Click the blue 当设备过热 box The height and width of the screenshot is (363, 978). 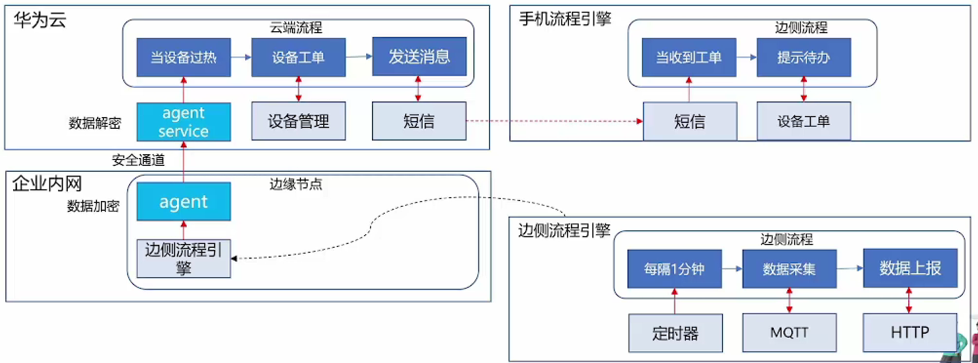point(183,58)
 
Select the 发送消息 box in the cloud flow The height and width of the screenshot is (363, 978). point(419,57)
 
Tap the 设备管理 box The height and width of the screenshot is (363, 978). point(298,121)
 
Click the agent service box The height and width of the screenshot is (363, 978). point(183,122)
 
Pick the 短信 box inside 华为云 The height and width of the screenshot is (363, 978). point(419,121)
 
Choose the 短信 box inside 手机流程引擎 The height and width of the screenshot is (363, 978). point(690,121)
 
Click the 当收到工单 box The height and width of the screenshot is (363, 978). point(689,58)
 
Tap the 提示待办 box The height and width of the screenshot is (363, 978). point(804,58)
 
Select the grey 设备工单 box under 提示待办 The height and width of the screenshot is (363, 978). point(804,121)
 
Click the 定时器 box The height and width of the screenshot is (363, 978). point(676,333)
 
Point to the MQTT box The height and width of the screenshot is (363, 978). point(790,333)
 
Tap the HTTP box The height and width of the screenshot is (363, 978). point(910,333)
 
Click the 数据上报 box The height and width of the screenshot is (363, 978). point(910,268)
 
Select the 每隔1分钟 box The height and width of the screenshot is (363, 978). point(675,269)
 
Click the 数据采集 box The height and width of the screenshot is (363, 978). point(790,269)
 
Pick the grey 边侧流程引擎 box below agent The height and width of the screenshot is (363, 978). point(183,259)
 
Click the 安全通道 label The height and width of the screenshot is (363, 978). point(138,160)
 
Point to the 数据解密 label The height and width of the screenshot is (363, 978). point(95,123)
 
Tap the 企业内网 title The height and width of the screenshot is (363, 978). point(47,184)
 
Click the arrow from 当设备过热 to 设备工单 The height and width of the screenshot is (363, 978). point(241,58)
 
